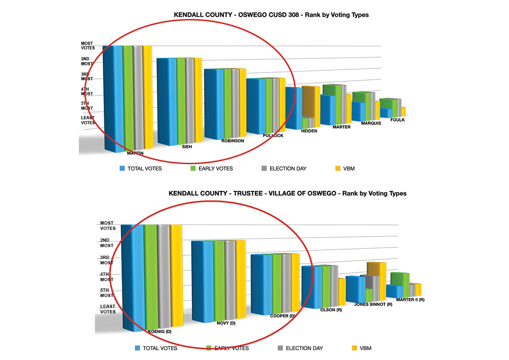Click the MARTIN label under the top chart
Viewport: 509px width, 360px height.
135,153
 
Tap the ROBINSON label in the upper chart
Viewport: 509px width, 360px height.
233,141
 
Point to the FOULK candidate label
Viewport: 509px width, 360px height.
397,120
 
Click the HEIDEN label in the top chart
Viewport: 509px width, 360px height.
309,131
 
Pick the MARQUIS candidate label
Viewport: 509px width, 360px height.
370,123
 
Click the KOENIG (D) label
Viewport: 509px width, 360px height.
160,331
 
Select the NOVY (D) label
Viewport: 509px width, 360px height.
226,323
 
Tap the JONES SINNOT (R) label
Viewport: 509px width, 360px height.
373,304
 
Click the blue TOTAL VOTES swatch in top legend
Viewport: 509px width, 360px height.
122,169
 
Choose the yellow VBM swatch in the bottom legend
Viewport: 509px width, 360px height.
354,348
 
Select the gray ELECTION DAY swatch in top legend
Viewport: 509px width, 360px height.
264,169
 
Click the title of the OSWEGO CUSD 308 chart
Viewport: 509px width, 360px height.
271,15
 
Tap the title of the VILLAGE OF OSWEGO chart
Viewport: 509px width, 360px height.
287,194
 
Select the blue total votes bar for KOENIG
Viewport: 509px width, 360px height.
132,277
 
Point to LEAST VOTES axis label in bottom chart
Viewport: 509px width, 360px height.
108,309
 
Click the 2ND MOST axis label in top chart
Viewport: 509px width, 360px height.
87,61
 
